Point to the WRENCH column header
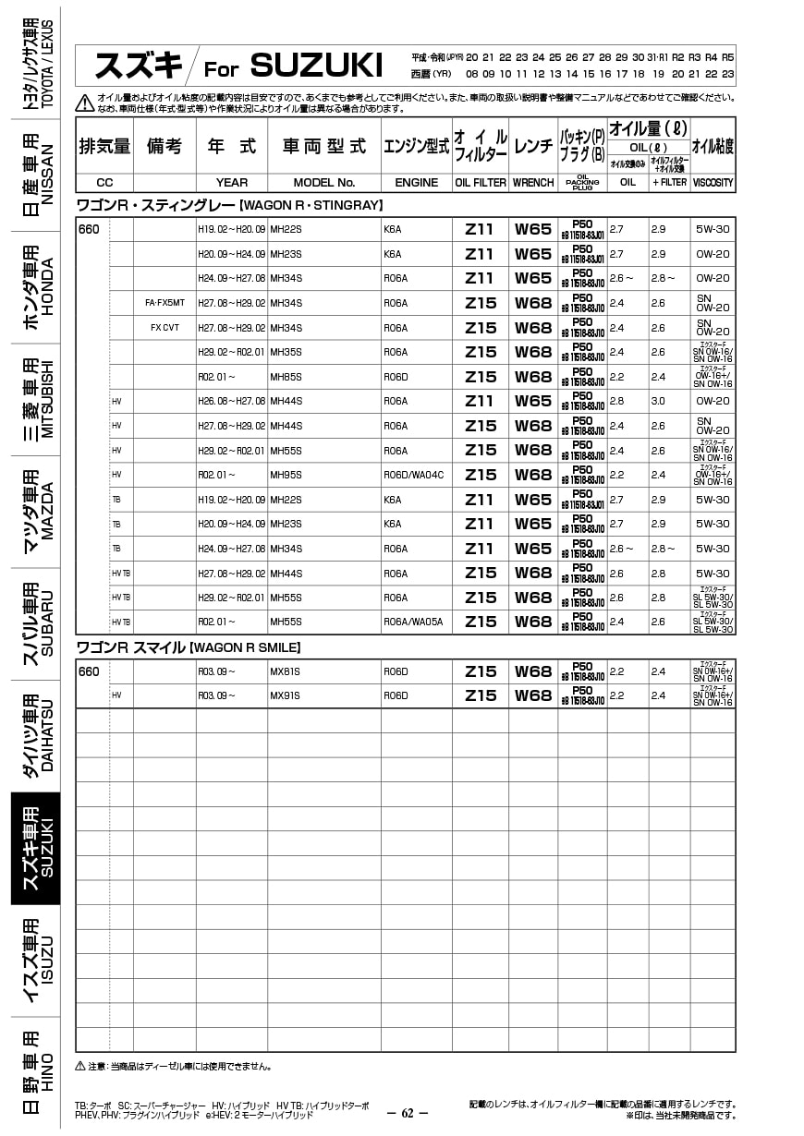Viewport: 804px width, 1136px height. tap(533, 183)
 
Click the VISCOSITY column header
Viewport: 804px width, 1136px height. tap(713, 183)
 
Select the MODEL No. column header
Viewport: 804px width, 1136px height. tap(324, 183)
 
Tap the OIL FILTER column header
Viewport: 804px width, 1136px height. tap(481, 183)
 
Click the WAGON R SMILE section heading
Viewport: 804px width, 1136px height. tap(188, 647)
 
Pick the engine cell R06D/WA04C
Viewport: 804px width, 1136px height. tap(413, 475)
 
